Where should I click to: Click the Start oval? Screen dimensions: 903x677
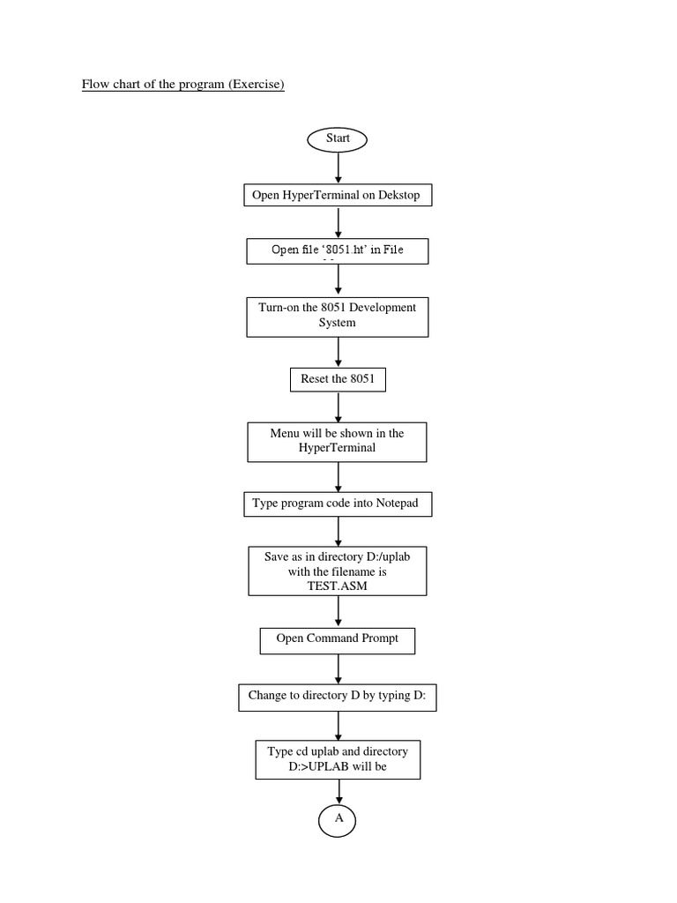pos(337,138)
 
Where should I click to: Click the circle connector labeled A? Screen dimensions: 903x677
pos(337,819)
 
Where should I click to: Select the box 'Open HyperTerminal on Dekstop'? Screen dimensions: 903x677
pos(338,195)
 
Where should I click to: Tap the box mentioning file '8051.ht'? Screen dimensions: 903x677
pos(338,251)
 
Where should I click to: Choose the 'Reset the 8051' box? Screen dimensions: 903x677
pos(338,379)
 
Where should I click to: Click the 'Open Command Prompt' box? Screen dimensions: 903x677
pos(337,639)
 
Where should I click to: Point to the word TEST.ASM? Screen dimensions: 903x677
pos(337,585)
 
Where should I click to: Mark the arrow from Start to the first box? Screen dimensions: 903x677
pos(338,167)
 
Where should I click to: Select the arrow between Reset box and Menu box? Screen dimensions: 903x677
pos(338,407)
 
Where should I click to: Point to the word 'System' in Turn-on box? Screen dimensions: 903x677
pos(337,323)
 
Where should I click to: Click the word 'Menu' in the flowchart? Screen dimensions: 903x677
pos(286,433)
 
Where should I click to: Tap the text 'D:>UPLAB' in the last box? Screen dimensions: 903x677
pos(320,765)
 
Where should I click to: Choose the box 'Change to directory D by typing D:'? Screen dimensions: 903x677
pos(338,696)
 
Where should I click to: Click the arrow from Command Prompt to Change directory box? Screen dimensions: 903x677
pos(338,668)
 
